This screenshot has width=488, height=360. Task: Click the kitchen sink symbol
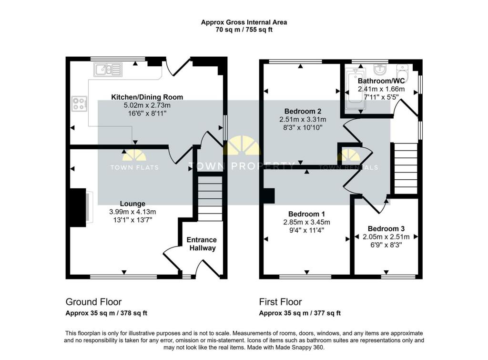[108, 70]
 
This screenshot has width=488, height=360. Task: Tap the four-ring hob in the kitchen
[80, 103]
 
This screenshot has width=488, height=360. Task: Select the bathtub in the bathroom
[355, 89]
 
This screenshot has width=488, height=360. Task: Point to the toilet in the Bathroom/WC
[402, 71]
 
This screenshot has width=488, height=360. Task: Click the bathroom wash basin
[380, 70]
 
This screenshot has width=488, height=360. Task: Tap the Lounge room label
[132, 204]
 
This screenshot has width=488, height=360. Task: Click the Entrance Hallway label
[202, 244]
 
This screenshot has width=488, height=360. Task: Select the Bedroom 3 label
[386, 228]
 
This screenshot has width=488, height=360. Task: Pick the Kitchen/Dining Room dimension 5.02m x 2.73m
[147, 105]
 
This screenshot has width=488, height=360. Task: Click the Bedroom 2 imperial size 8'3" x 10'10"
[303, 127]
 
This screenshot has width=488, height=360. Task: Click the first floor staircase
[406, 168]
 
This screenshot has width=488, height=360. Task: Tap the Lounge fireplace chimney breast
[78, 208]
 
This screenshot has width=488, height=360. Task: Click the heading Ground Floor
[93, 302]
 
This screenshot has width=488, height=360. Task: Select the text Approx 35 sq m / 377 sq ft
[300, 313]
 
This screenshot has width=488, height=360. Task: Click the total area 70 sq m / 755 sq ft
[244, 30]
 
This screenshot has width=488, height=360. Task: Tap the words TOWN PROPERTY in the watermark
[242, 166]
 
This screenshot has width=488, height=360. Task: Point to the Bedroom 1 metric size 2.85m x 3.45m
[306, 222]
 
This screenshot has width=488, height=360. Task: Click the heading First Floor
[280, 302]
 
